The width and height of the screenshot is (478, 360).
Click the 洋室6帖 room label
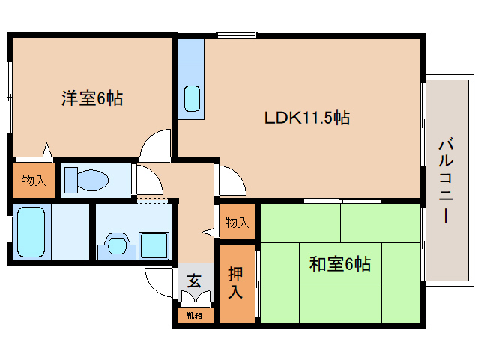(92, 97)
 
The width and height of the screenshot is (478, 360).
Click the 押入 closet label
(235, 283)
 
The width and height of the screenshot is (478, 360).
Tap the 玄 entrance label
(194, 281)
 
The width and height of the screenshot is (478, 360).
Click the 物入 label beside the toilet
(34, 180)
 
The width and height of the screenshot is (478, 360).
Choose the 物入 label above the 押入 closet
(237, 223)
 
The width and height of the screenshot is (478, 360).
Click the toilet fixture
(86, 180)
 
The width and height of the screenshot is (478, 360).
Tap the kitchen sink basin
(192, 98)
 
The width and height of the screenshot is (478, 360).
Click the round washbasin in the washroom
(116, 244)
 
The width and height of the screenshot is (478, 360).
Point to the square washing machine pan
(155, 244)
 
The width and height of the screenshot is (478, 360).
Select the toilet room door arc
(146, 180)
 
